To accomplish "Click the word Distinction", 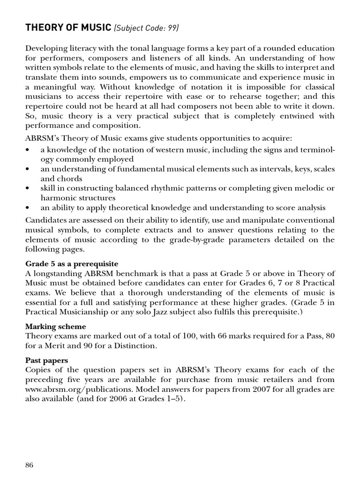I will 135,345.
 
